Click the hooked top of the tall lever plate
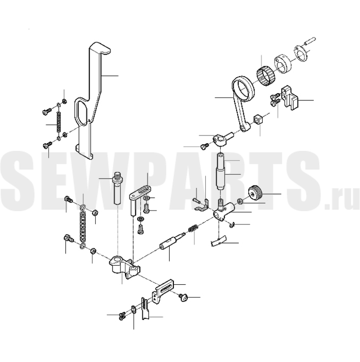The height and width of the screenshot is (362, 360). tap(100, 48)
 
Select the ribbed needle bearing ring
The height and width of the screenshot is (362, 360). tap(266, 75)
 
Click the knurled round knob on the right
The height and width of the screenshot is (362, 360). tap(256, 193)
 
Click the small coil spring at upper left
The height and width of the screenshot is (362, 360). tap(59, 122)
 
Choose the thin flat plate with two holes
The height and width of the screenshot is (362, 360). tap(301, 54)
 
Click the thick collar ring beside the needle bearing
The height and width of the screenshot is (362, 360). tap(283, 64)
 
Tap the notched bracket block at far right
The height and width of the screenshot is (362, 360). tap(290, 97)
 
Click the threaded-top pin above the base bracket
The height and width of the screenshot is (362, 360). tap(117, 188)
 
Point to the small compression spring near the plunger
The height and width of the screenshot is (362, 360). tap(193, 229)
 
